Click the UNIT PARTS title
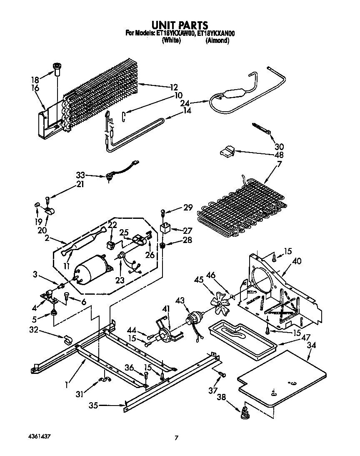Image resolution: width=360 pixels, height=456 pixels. click(x=180, y=26)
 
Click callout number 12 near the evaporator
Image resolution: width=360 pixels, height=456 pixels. click(x=173, y=87)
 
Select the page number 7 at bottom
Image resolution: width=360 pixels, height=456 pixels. click(x=177, y=438)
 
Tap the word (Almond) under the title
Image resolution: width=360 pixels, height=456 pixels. click(x=217, y=40)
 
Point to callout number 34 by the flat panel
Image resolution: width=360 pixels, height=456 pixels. click(x=311, y=345)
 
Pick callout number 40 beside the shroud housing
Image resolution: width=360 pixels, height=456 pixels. click(x=297, y=261)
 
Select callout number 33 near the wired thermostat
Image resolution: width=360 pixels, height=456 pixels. click(x=81, y=175)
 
